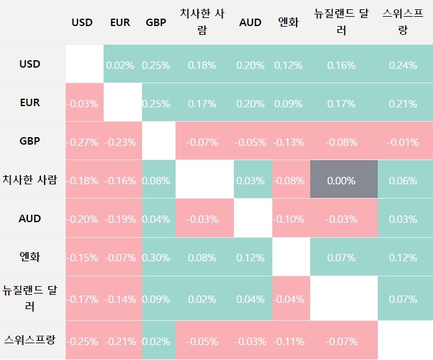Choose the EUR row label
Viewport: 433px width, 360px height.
click(30, 102)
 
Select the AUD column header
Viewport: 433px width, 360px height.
click(250, 22)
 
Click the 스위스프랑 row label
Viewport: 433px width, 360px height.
click(30, 340)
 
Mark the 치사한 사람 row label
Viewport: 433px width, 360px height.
click(30, 180)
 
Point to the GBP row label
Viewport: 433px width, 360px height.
click(30, 141)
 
